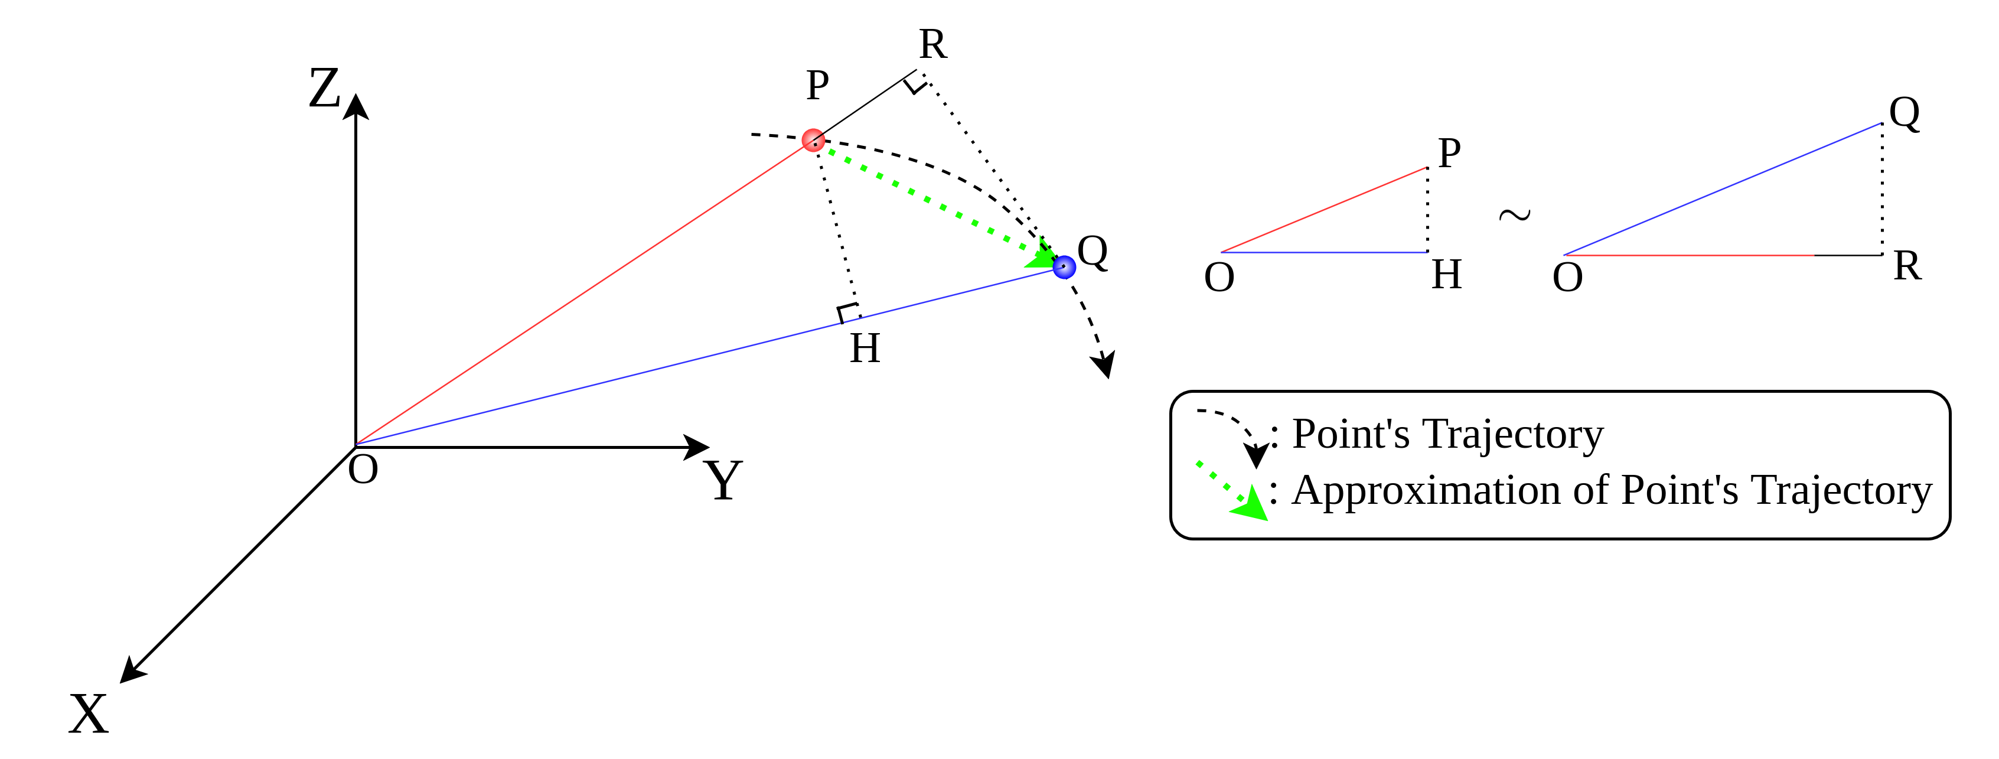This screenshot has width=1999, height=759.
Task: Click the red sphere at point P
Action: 813,140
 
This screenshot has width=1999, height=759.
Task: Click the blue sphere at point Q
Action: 1064,267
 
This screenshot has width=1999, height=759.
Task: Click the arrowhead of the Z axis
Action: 356,106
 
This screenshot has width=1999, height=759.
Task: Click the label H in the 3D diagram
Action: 865,348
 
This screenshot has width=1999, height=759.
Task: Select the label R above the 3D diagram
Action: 932,44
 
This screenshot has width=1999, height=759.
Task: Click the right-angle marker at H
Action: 847,313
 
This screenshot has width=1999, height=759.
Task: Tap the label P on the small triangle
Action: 1449,153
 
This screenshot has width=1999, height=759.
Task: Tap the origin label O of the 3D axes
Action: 363,470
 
